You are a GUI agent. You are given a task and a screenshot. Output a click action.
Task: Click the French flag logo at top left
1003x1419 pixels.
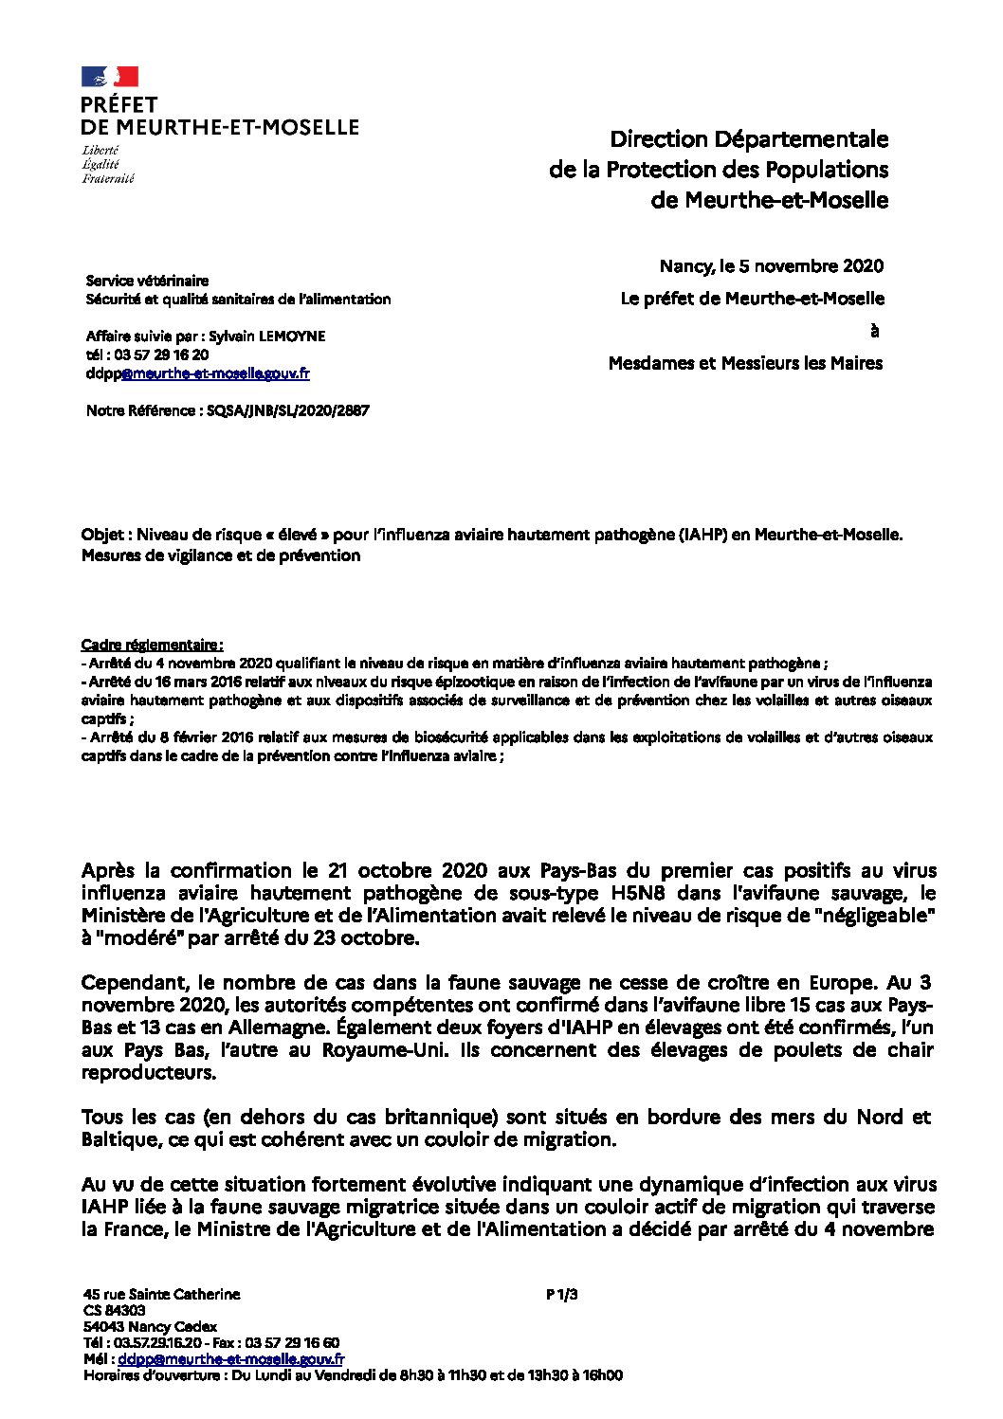click(x=110, y=77)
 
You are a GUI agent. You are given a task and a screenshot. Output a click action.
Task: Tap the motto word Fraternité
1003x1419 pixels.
click(x=107, y=178)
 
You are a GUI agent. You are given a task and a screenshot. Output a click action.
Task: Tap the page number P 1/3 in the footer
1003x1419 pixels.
click(x=562, y=1294)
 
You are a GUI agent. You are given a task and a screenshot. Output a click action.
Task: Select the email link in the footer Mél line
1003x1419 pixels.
click(x=231, y=1359)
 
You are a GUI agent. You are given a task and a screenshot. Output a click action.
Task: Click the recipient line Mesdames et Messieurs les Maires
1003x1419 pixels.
click(x=745, y=363)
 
